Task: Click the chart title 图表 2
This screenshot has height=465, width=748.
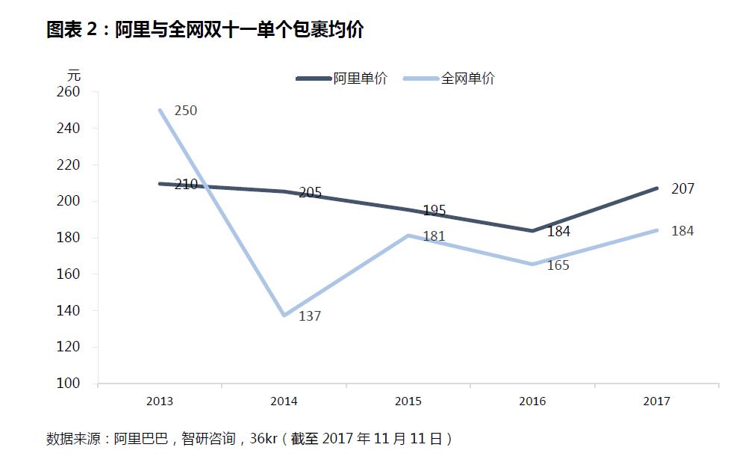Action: pyautogui.click(x=72, y=30)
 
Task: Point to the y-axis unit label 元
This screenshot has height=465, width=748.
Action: pyautogui.click(x=74, y=76)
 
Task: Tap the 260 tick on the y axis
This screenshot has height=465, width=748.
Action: pyautogui.click(x=68, y=91)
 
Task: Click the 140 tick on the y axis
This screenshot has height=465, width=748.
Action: pyautogui.click(x=68, y=310)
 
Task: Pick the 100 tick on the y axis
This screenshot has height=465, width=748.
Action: pyautogui.click(x=68, y=383)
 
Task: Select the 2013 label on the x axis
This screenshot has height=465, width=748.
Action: pyautogui.click(x=160, y=401)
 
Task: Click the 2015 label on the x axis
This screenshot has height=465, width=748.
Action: pyautogui.click(x=408, y=401)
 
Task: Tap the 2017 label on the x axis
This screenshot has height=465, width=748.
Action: pyautogui.click(x=657, y=401)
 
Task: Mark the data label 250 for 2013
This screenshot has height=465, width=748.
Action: pyautogui.click(x=186, y=111)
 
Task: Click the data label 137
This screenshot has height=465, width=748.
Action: pyautogui.click(x=310, y=316)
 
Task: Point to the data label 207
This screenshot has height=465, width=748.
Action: pyautogui.click(x=682, y=189)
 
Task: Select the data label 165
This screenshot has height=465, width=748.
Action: pyautogui.click(x=558, y=265)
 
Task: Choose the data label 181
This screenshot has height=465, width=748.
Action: pyautogui.click(x=434, y=236)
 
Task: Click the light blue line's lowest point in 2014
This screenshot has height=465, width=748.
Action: pyautogui.click(x=284, y=315)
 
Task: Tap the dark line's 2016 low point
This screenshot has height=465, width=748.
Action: pyautogui.click(x=533, y=230)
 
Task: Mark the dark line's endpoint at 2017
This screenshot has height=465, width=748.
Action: pyautogui.click(x=657, y=188)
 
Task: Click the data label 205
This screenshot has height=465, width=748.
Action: pyautogui.click(x=310, y=192)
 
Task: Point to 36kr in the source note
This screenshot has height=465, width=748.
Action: pyautogui.click(x=264, y=438)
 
